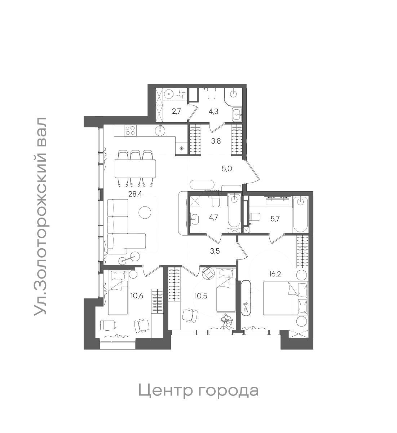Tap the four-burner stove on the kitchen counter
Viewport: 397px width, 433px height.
(130, 130)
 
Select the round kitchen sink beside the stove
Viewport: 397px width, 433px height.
(160, 130)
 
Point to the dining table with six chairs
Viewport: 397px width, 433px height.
(135, 169)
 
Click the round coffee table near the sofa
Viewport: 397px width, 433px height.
(145, 212)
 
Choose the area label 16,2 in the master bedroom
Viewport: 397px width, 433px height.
(275, 274)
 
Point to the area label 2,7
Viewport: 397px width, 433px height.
(176, 111)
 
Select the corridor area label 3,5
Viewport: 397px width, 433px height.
(215, 252)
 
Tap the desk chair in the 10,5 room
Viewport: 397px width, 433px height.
(190, 315)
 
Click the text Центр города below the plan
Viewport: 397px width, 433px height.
(198, 390)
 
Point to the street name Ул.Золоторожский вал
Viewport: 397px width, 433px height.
(40, 216)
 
